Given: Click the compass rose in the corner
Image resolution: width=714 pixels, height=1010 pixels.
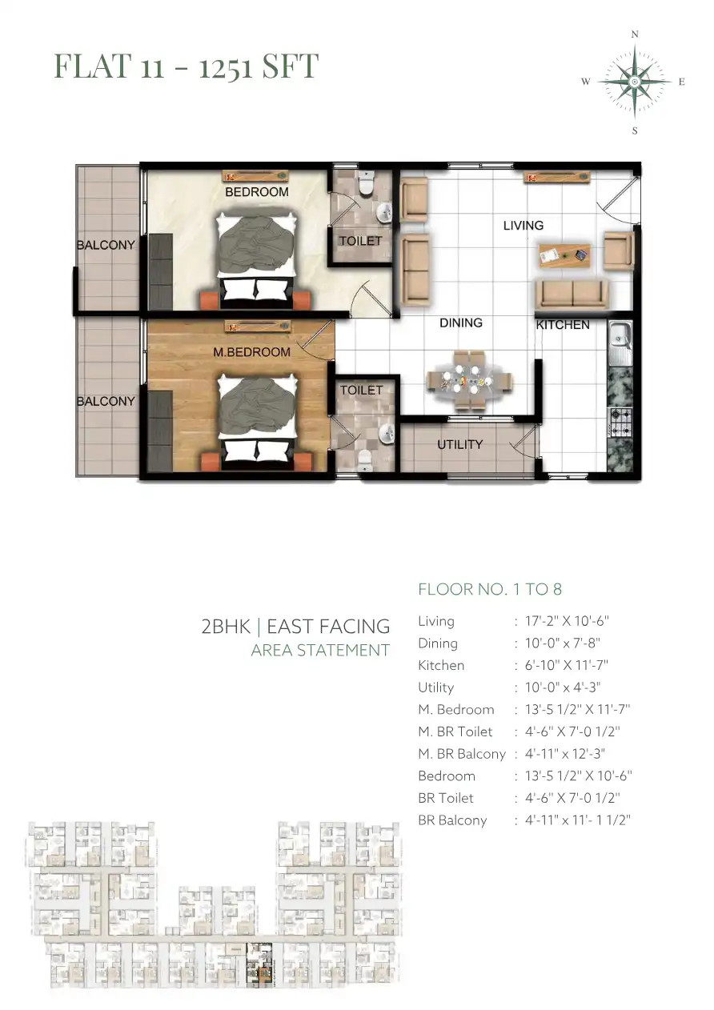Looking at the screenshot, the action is (635, 82).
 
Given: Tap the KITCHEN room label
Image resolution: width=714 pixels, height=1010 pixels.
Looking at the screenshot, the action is (563, 325).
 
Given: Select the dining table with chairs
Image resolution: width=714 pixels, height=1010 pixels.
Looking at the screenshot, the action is (469, 380).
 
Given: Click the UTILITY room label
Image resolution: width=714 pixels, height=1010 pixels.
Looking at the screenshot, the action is (460, 445).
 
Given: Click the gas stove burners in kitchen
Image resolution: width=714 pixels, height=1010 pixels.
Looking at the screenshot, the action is (620, 423).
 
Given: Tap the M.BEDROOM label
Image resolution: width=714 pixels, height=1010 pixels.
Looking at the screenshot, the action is (251, 352).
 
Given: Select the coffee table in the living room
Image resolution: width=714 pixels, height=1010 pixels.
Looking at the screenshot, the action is (564, 255).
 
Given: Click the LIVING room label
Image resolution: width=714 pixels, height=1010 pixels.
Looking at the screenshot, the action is (523, 226).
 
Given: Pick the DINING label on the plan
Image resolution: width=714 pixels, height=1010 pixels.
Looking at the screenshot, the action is (461, 323).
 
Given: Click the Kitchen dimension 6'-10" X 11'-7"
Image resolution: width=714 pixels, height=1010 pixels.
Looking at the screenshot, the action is (567, 665).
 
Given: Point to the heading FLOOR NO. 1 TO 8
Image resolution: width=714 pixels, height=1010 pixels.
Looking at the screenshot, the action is (490, 589).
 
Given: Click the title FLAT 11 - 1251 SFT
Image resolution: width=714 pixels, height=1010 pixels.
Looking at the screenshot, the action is (187, 66).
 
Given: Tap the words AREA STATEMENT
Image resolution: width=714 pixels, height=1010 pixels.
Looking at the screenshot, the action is (320, 650).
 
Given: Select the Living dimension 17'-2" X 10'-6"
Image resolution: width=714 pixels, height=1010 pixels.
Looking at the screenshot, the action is (567, 621).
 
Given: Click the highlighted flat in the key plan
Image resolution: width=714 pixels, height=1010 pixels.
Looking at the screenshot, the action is (259, 966).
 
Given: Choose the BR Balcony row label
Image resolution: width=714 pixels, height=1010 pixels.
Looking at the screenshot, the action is (452, 820).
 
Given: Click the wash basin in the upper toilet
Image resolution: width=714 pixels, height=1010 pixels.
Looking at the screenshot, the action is (384, 212).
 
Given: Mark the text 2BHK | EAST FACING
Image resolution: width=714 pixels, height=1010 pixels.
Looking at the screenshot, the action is (295, 627).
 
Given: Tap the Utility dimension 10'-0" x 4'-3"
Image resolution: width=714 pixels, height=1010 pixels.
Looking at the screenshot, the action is (563, 687).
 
